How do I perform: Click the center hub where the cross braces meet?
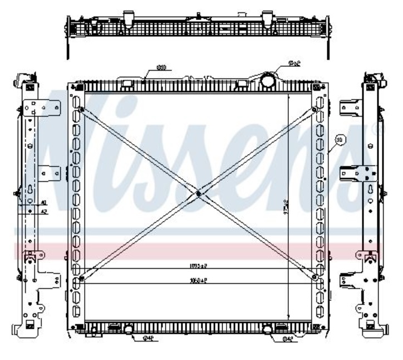coord(199,193)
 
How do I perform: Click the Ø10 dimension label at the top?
coord(161,67)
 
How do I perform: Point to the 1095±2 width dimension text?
coord(198,266)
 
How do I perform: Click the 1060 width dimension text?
coord(198,281)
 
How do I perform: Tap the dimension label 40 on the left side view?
coord(43,203)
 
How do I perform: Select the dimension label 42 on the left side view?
coord(43,212)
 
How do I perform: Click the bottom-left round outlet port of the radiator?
coord(129,330)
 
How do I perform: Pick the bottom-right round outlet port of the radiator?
coord(268,330)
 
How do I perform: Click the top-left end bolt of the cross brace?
coord(82,109)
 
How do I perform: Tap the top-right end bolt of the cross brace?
coord(315,109)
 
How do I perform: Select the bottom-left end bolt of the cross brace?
coord(82,277)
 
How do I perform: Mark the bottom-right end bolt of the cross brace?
coord(315,276)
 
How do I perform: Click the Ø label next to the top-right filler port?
coord(294,64)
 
